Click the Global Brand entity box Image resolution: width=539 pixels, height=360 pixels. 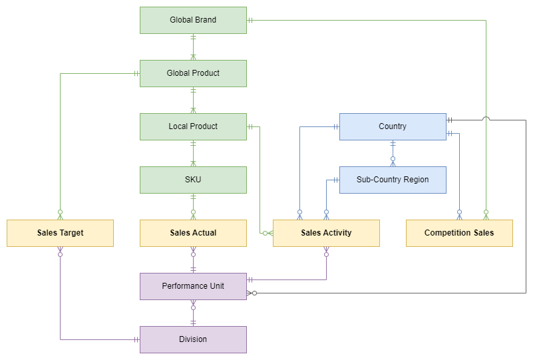pyautogui.click(x=193, y=20)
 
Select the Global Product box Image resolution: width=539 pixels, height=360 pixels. pyautogui.click(x=193, y=73)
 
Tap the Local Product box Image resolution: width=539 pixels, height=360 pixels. pyautogui.click(x=193, y=126)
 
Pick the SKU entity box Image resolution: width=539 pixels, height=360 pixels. pyautogui.click(x=193, y=180)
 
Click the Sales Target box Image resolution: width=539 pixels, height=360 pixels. pyautogui.click(x=60, y=233)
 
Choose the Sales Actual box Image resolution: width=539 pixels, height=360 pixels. pyautogui.click(x=193, y=233)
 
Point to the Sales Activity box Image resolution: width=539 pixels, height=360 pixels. pyautogui.click(x=326, y=233)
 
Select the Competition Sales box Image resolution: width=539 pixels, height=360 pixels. pyautogui.click(x=459, y=233)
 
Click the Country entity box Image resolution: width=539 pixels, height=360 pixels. pyautogui.click(x=393, y=126)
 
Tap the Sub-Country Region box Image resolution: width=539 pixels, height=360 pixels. pyautogui.click(x=393, y=180)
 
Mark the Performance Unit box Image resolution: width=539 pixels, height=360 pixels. pyautogui.click(x=193, y=286)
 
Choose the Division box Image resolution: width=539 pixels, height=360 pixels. pyautogui.click(x=193, y=339)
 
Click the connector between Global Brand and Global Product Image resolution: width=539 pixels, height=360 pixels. pyautogui.click(x=193, y=47)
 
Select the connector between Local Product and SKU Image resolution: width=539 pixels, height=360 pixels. pyautogui.click(x=193, y=153)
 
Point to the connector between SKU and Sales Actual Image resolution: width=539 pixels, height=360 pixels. pyautogui.click(x=193, y=206)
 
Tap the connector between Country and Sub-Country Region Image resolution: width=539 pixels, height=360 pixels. pyautogui.click(x=393, y=153)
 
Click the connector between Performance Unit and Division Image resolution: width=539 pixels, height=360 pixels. pyautogui.click(x=193, y=313)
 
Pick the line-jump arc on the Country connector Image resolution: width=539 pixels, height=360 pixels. pyautogui.click(x=486, y=119)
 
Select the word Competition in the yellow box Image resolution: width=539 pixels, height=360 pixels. pyautogui.click(x=448, y=233)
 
